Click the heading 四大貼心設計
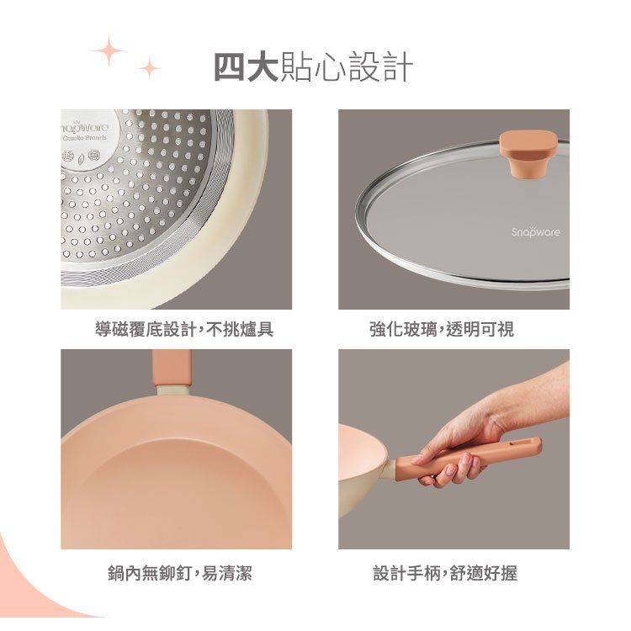click(x=314, y=66)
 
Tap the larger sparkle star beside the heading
click(x=109, y=50)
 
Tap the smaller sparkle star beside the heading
click(x=150, y=68)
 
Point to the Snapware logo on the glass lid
click(x=535, y=232)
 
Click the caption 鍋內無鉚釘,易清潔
click(x=180, y=573)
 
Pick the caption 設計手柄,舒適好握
click(x=445, y=573)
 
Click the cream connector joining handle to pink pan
click(x=173, y=390)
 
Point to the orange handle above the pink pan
click(x=172, y=368)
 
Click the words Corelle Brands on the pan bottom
click(x=84, y=138)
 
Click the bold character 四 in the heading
click(x=230, y=66)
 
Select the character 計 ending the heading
click(x=398, y=66)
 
